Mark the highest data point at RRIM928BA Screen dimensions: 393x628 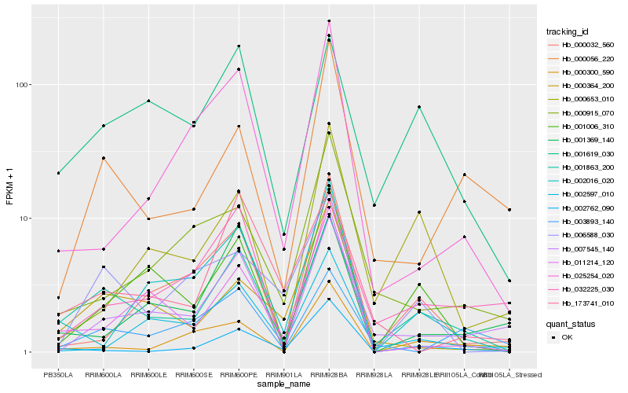pyautogui.click(x=329, y=20)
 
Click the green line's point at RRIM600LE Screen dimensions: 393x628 pyautogui.click(x=148, y=101)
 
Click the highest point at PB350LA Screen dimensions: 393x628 pyautogui.click(x=58, y=173)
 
